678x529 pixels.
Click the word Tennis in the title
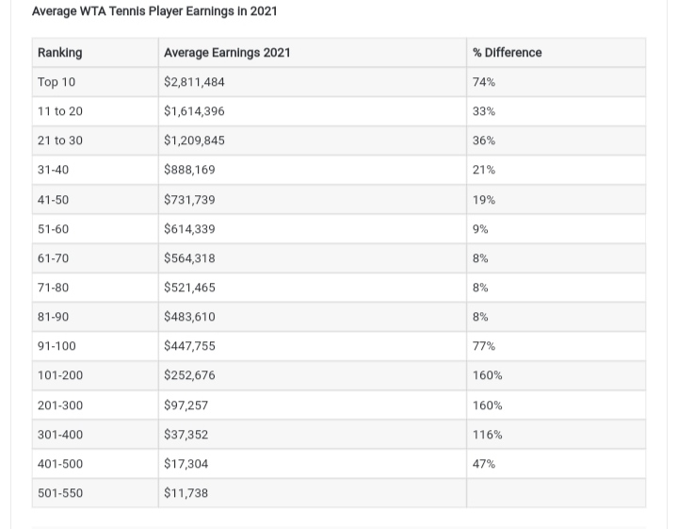(127, 10)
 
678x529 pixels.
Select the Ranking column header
(59, 53)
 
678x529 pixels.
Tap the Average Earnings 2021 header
(227, 53)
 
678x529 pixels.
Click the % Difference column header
(508, 53)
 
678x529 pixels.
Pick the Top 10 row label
(56, 82)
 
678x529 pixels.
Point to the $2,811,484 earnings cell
(194, 82)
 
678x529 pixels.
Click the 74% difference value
(484, 82)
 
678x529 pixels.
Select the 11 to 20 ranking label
(60, 111)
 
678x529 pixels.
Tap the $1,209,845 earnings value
(194, 141)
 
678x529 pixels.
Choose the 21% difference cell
(484, 170)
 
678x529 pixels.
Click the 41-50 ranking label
(53, 200)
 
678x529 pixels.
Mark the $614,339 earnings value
(189, 229)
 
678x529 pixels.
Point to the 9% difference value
(480, 229)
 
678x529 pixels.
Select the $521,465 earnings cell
(189, 288)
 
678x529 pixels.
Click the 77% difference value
(484, 346)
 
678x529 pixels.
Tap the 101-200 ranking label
(60, 375)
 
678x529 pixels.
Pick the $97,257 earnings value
(186, 405)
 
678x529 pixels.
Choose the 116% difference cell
(488, 435)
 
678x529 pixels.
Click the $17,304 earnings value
(186, 464)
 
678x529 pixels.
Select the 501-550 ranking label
(60, 493)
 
